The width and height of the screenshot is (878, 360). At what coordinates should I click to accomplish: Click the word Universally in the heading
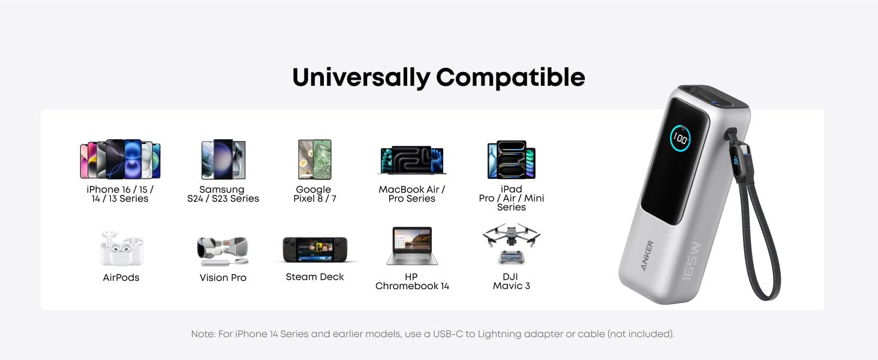pos(361,78)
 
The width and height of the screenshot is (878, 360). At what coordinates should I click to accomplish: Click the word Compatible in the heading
pos(510,77)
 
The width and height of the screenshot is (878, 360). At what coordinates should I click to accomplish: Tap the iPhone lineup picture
pos(121,159)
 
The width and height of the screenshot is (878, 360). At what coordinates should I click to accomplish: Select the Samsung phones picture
pos(223,159)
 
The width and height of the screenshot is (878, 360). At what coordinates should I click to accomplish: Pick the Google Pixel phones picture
pos(315,160)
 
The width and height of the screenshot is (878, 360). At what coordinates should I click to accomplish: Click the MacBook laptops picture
pos(412,160)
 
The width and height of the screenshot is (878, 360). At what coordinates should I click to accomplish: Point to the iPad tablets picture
pos(512,160)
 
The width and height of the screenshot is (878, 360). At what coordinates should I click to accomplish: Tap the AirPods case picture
pos(122,248)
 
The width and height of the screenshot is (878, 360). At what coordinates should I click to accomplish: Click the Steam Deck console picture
pos(315,250)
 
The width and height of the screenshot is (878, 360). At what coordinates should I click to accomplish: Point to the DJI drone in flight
pos(511,236)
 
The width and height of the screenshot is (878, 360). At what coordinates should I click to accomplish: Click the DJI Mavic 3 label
pos(511,281)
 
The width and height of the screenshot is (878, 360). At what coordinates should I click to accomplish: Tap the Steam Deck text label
pos(315,277)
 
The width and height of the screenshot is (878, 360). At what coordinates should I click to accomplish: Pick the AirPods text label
pos(121,278)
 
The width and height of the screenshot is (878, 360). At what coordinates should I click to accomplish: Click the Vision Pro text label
pos(223,278)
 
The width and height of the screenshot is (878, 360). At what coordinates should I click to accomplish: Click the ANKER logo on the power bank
pos(647,255)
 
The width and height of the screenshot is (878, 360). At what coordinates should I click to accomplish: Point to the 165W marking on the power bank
pos(691,261)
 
